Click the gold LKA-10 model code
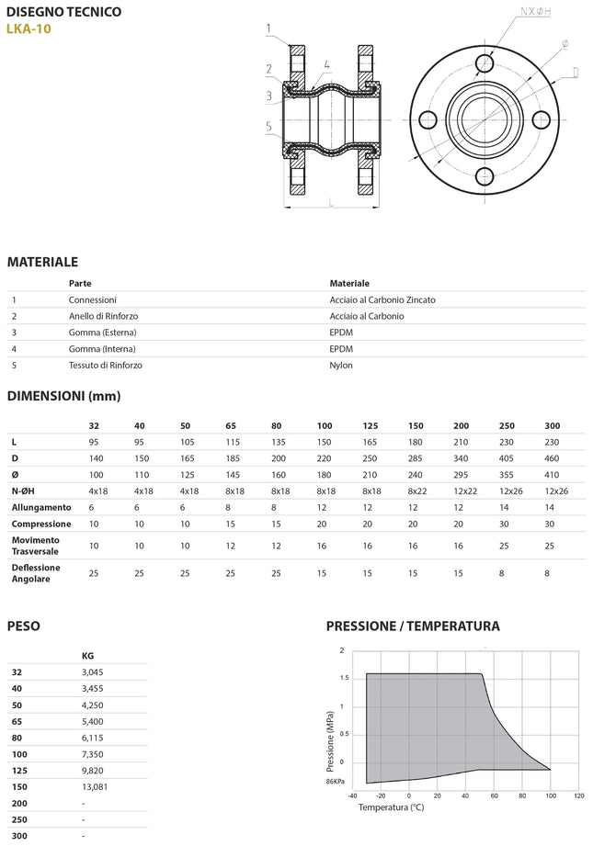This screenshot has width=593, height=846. tap(31, 28)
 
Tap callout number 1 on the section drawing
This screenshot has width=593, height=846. tap(268, 28)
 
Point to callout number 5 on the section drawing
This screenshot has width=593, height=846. tap(268, 126)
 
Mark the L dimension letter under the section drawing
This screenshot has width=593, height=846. tap(330, 205)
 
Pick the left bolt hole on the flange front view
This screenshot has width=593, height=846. tap(427, 118)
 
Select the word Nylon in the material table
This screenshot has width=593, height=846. tap(341, 365)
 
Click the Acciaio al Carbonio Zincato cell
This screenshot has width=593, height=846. tap(382, 299)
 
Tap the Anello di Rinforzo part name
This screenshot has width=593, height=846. tap(103, 316)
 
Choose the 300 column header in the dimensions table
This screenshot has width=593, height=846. tap(551, 426)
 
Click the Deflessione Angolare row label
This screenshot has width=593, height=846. tap(36, 573)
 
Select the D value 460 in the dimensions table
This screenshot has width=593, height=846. tap(551, 458)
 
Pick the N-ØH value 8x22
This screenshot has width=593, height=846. tap(417, 491)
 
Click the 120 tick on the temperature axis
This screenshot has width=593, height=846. tap(578, 796)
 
